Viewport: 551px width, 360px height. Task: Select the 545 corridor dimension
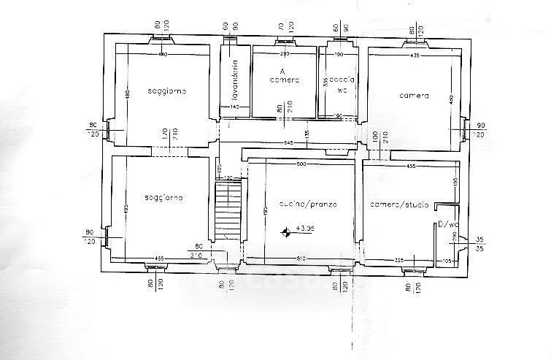(289, 143)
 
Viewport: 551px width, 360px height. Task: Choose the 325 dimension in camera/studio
(399, 259)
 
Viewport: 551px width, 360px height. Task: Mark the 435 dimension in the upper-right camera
(415, 55)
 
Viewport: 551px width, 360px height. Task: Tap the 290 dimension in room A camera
(285, 55)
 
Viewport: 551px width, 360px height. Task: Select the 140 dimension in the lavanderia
(235, 107)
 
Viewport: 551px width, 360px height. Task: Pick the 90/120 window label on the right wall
(479, 130)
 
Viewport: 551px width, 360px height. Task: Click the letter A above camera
(281, 71)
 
